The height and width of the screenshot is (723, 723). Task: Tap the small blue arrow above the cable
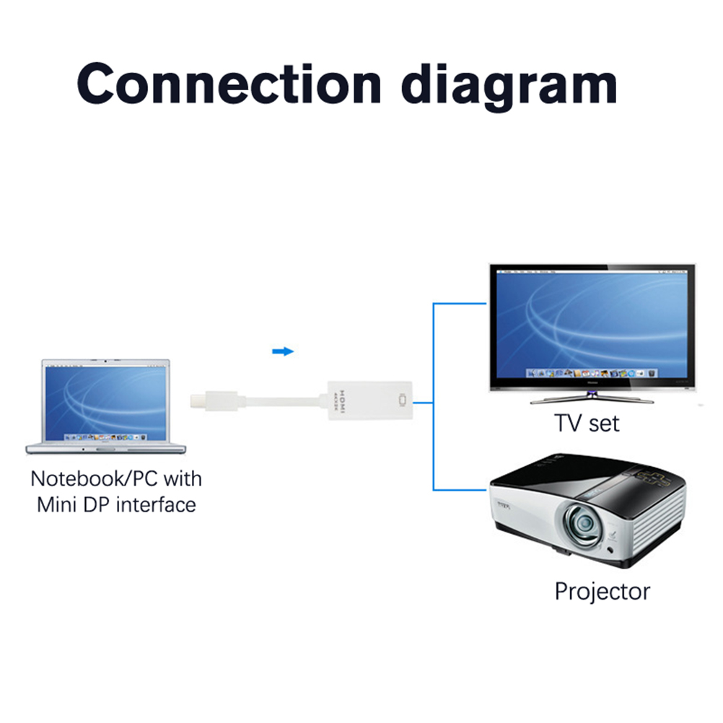click(x=283, y=351)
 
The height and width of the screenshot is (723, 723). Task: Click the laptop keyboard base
click(x=106, y=447)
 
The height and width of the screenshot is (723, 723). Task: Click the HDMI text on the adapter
click(x=343, y=400)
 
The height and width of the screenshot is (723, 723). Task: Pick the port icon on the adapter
click(x=402, y=399)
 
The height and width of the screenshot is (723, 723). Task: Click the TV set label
click(x=586, y=423)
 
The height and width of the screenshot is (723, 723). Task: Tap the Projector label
click(x=602, y=592)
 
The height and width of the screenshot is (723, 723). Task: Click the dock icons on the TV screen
click(x=592, y=373)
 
